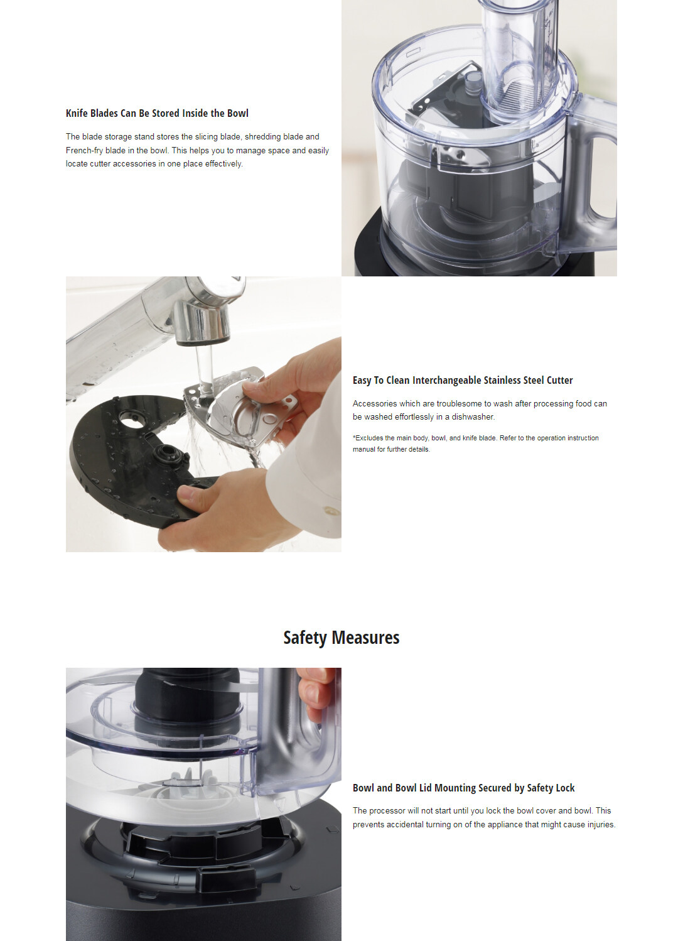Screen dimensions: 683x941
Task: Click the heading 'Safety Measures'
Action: click(341, 638)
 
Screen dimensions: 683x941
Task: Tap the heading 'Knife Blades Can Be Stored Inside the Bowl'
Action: click(157, 114)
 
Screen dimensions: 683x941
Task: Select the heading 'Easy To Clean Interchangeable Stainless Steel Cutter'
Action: click(463, 380)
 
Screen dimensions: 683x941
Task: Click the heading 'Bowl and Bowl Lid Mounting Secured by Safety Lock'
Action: click(463, 788)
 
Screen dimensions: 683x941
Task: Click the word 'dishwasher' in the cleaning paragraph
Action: click(473, 416)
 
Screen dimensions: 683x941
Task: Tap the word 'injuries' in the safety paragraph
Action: click(601, 824)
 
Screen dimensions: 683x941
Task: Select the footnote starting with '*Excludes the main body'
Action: click(476, 443)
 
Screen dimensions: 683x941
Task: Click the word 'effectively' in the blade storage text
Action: click(223, 164)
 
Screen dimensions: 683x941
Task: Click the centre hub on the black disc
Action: click(168, 454)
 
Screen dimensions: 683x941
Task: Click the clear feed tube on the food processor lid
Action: click(519, 59)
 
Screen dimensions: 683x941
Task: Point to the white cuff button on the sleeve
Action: click(331, 511)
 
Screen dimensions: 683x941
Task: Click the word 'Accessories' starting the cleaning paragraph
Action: click(374, 403)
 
